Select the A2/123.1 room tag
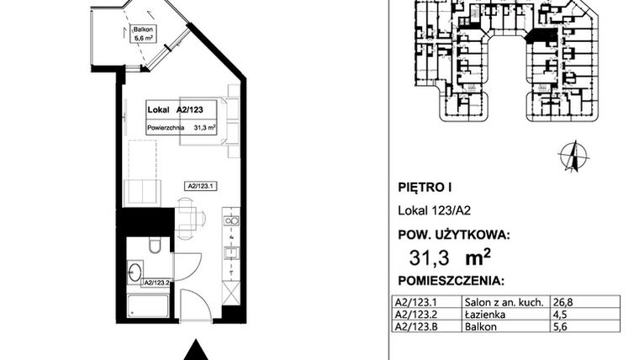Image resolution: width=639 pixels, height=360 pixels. (202, 186)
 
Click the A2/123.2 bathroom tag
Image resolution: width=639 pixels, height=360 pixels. (156, 283)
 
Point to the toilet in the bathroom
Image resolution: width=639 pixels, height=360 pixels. (151, 246)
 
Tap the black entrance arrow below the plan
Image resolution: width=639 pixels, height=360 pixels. (196, 348)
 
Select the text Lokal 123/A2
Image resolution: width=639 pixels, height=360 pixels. (429, 214)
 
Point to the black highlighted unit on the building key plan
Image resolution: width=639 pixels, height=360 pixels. (540, 36)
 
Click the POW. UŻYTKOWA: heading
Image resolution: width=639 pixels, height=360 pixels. (452, 236)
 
